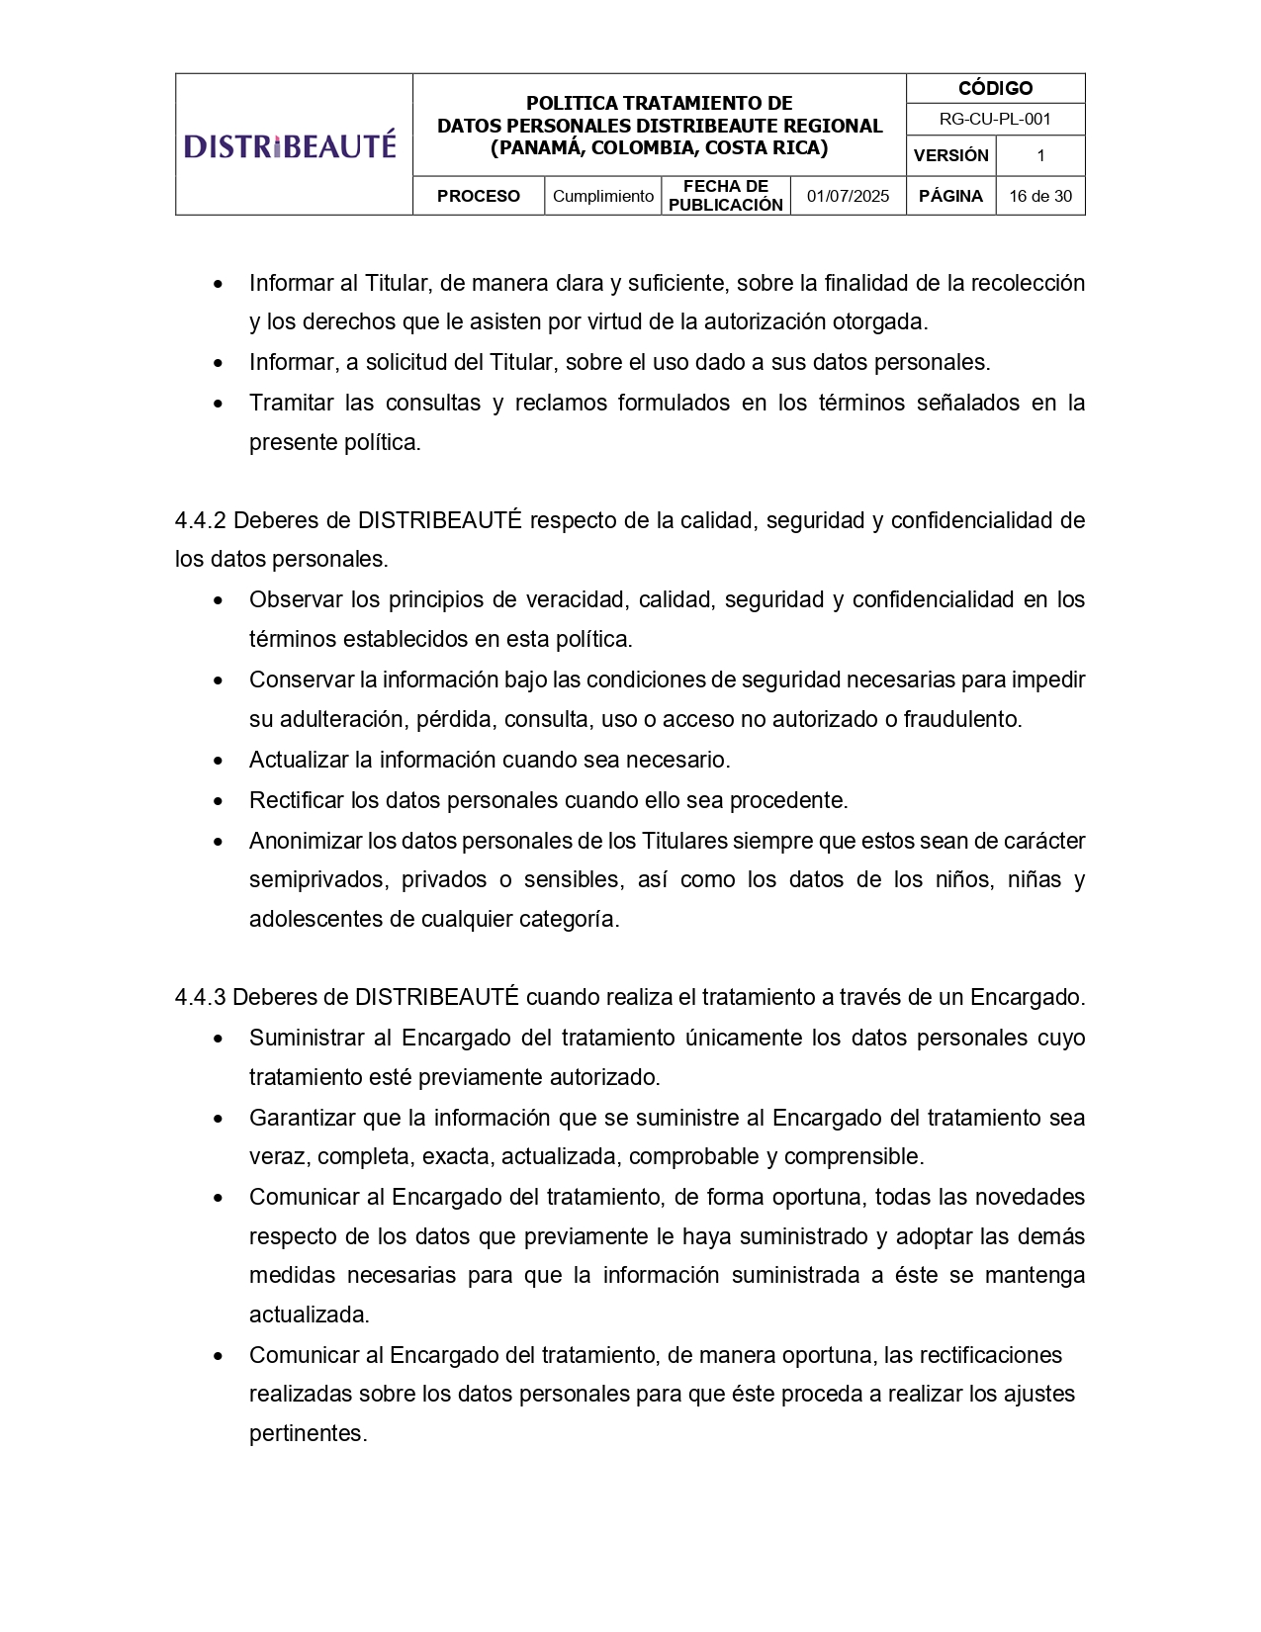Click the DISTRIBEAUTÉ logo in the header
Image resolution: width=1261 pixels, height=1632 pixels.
click(x=290, y=146)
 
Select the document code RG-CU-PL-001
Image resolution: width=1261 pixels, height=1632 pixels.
click(x=995, y=120)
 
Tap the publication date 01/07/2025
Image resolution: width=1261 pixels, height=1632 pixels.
click(x=848, y=196)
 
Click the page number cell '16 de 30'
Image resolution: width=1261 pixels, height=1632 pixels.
click(x=1039, y=196)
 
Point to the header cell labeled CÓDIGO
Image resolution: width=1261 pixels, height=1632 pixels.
click(x=995, y=89)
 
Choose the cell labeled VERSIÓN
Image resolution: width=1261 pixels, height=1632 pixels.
click(x=950, y=155)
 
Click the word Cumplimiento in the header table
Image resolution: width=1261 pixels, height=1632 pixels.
click(x=602, y=196)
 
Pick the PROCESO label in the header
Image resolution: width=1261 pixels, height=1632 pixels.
click(x=478, y=196)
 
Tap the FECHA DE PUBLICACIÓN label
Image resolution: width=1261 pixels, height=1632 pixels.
click(x=725, y=196)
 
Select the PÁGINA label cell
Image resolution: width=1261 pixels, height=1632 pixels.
click(x=950, y=196)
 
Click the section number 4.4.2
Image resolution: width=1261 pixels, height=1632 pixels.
click(x=201, y=520)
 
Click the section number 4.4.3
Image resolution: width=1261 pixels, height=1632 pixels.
click(x=201, y=997)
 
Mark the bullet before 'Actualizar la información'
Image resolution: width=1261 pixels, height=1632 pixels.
click(x=219, y=761)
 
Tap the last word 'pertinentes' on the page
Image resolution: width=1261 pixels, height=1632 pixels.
click(x=308, y=1433)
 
